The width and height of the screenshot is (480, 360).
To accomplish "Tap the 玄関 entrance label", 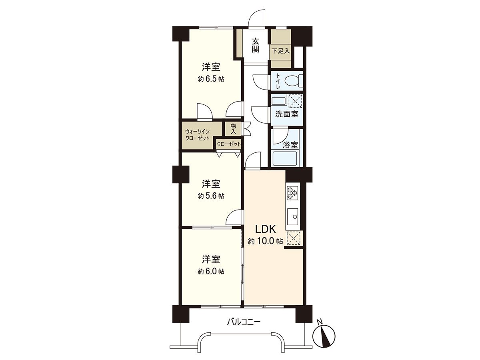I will (x=255, y=45).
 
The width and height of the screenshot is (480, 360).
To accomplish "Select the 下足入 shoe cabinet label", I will (x=280, y=51).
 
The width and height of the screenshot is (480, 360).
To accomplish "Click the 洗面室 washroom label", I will (x=286, y=114).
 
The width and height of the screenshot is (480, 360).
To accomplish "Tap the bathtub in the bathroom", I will (x=285, y=158).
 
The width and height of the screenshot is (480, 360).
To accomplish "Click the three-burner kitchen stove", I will (x=292, y=192).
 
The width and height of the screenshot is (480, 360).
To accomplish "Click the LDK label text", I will (x=265, y=229).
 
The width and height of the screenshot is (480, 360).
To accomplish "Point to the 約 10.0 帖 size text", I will (x=265, y=241).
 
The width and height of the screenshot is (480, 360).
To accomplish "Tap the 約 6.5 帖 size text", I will (x=211, y=79).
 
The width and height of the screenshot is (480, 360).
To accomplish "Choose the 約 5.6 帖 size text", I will (x=211, y=196).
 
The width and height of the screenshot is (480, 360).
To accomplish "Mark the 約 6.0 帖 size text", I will (x=211, y=271).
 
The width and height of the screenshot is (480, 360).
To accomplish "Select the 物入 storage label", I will (x=234, y=129).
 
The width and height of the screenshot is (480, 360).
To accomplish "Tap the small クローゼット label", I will (x=229, y=144).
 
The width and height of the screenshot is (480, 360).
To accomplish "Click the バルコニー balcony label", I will (x=244, y=322).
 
